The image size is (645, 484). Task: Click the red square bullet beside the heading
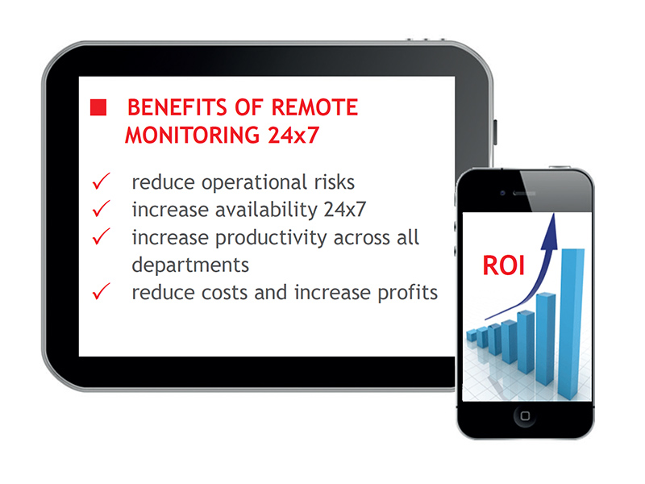tap(98, 107)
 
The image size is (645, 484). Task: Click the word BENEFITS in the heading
tap(177, 107)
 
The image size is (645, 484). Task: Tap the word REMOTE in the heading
tap(314, 107)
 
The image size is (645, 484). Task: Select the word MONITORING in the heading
tap(193, 135)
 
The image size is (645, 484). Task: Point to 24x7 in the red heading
tap(293, 135)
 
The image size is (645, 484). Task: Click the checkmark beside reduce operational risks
tap(102, 181)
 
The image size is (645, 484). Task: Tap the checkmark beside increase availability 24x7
tap(102, 209)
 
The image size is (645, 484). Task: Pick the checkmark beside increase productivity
tap(102, 236)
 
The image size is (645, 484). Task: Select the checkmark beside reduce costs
tap(102, 291)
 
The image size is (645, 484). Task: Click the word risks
tap(334, 182)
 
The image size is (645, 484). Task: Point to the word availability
tap(267, 211)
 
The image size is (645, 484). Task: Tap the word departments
tap(190, 265)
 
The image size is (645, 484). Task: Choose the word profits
tap(407, 293)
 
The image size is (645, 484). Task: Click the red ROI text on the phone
tap(503, 265)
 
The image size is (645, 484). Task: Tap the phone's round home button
tap(525, 415)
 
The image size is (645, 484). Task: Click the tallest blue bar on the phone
tap(572, 324)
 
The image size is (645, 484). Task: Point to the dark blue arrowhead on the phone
tap(550, 232)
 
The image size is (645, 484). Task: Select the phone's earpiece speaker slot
tap(525, 193)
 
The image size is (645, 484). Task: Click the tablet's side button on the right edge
tap(495, 132)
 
